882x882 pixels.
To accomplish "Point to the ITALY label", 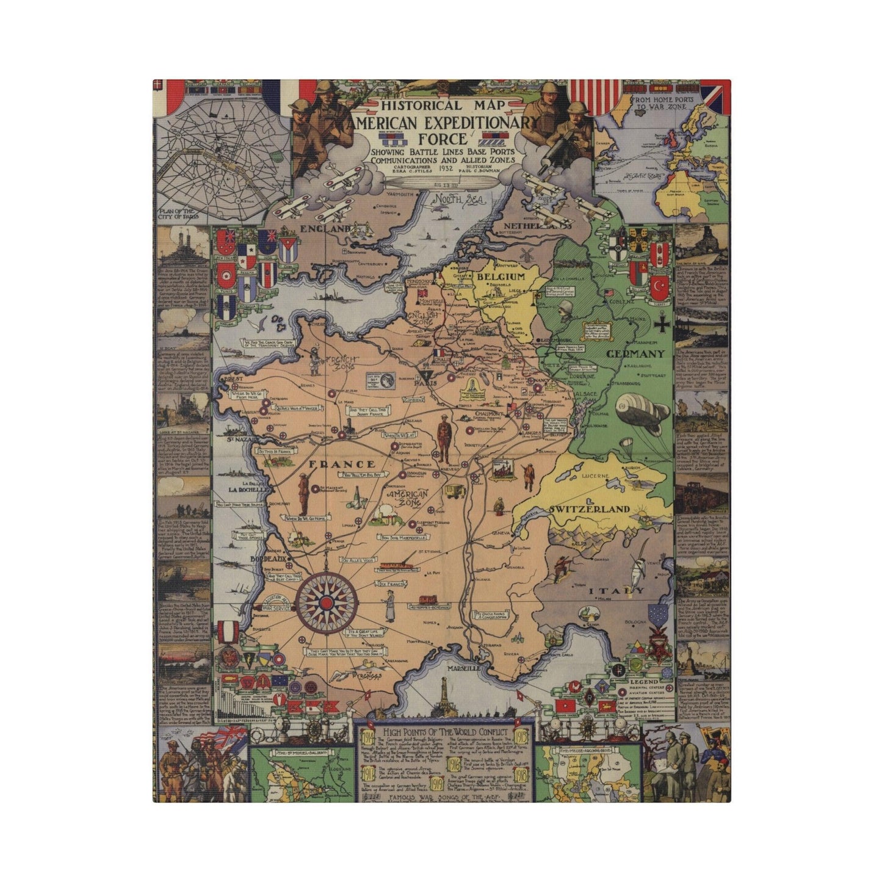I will point(616,590).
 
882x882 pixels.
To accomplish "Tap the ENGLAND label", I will point(325,229).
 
